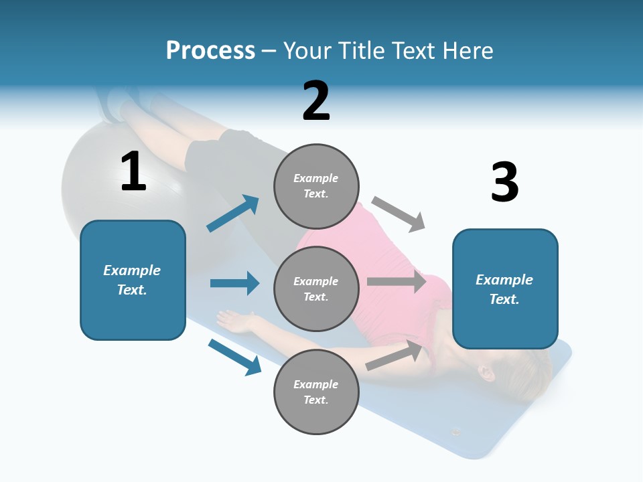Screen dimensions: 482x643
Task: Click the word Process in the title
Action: [210, 51]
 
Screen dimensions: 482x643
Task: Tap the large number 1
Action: [133, 173]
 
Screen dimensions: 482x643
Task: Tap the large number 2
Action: [316, 102]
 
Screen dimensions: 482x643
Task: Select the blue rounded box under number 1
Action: [133, 280]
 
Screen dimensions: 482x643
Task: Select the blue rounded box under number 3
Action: [505, 289]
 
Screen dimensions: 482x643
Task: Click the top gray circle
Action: [316, 185]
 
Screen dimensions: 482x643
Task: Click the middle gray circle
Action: [316, 289]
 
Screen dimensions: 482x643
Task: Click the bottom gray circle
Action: [316, 392]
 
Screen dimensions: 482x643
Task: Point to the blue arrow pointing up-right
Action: [233, 214]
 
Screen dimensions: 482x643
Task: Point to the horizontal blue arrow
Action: [234, 283]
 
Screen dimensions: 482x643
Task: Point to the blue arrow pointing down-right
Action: [234, 357]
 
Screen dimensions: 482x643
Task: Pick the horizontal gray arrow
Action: [396, 281]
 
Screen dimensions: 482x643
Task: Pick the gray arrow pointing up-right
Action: [395, 355]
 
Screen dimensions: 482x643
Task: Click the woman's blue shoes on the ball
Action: [114, 104]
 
